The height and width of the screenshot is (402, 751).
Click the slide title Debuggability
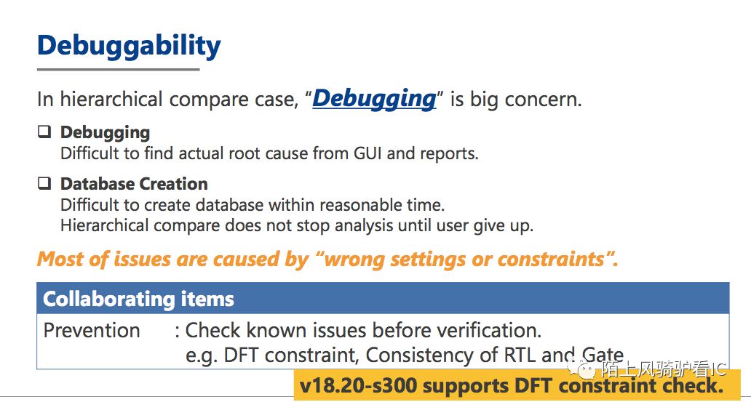pos(129,47)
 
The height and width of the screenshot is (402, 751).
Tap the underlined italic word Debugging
pos(374,100)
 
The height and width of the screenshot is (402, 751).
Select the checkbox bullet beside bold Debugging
pos(44,132)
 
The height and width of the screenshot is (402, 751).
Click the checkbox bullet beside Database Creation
pos(44,183)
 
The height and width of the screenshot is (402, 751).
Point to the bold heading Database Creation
pos(134,184)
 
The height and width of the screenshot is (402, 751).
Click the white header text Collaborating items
pos(138,300)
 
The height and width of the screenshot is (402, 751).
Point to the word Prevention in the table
pos(92,331)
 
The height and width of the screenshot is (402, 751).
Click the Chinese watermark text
pos(664,369)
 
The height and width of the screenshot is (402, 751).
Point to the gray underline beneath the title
pos(119,70)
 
